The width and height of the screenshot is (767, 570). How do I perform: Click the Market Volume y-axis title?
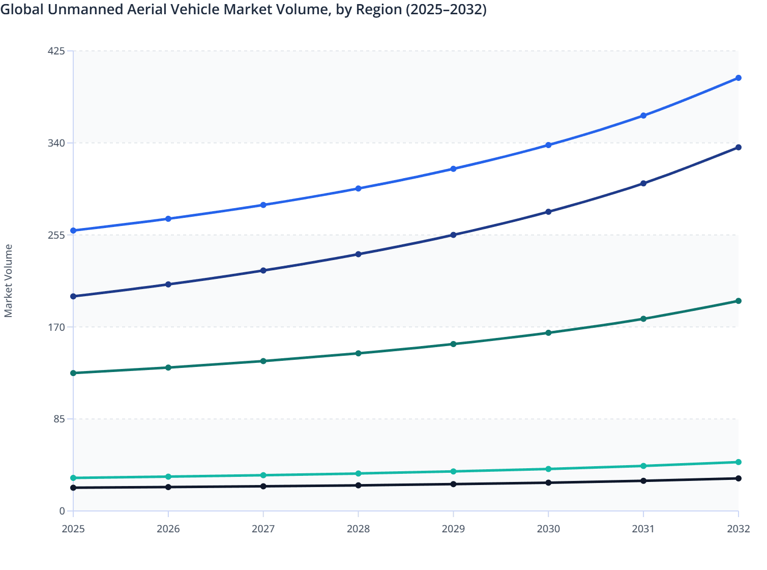click(x=9, y=280)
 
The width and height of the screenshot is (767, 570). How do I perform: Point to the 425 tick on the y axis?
click(x=56, y=51)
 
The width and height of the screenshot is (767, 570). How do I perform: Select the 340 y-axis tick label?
click(x=56, y=143)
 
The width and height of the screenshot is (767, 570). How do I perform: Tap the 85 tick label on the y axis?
click(x=59, y=419)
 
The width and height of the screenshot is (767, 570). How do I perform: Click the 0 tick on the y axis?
click(x=62, y=511)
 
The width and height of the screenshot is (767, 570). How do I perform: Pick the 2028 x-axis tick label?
click(x=358, y=529)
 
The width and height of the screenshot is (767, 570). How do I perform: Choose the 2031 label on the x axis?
click(x=643, y=529)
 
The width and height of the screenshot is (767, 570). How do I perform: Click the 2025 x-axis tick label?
click(x=73, y=529)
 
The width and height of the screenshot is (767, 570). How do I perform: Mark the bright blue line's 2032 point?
click(x=739, y=78)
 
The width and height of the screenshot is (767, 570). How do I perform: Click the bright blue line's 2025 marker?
click(x=73, y=231)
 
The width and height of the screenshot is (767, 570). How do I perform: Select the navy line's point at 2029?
click(x=453, y=235)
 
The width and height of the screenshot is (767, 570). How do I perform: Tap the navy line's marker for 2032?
click(x=739, y=148)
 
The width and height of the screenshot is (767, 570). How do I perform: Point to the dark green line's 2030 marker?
click(x=548, y=333)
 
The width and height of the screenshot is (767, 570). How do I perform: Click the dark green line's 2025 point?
click(x=73, y=373)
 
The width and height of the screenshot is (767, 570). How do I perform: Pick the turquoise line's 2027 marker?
click(x=263, y=475)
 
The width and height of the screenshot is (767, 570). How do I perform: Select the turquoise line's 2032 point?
click(x=739, y=462)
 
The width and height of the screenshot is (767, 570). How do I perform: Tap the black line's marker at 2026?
click(x=168, y=487)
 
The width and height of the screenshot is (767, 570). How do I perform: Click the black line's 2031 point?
click(x=643, y=481)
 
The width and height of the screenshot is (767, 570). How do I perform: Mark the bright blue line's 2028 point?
click(x=358, y=188)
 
